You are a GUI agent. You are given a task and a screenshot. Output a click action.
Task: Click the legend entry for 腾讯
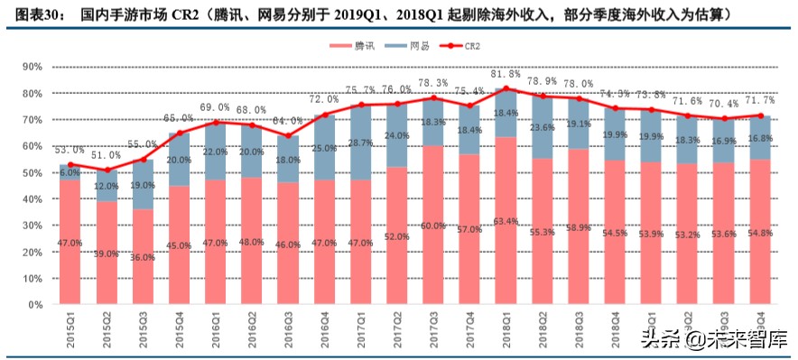[354, 46]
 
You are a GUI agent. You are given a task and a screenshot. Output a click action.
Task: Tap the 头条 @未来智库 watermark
[712, 339]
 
